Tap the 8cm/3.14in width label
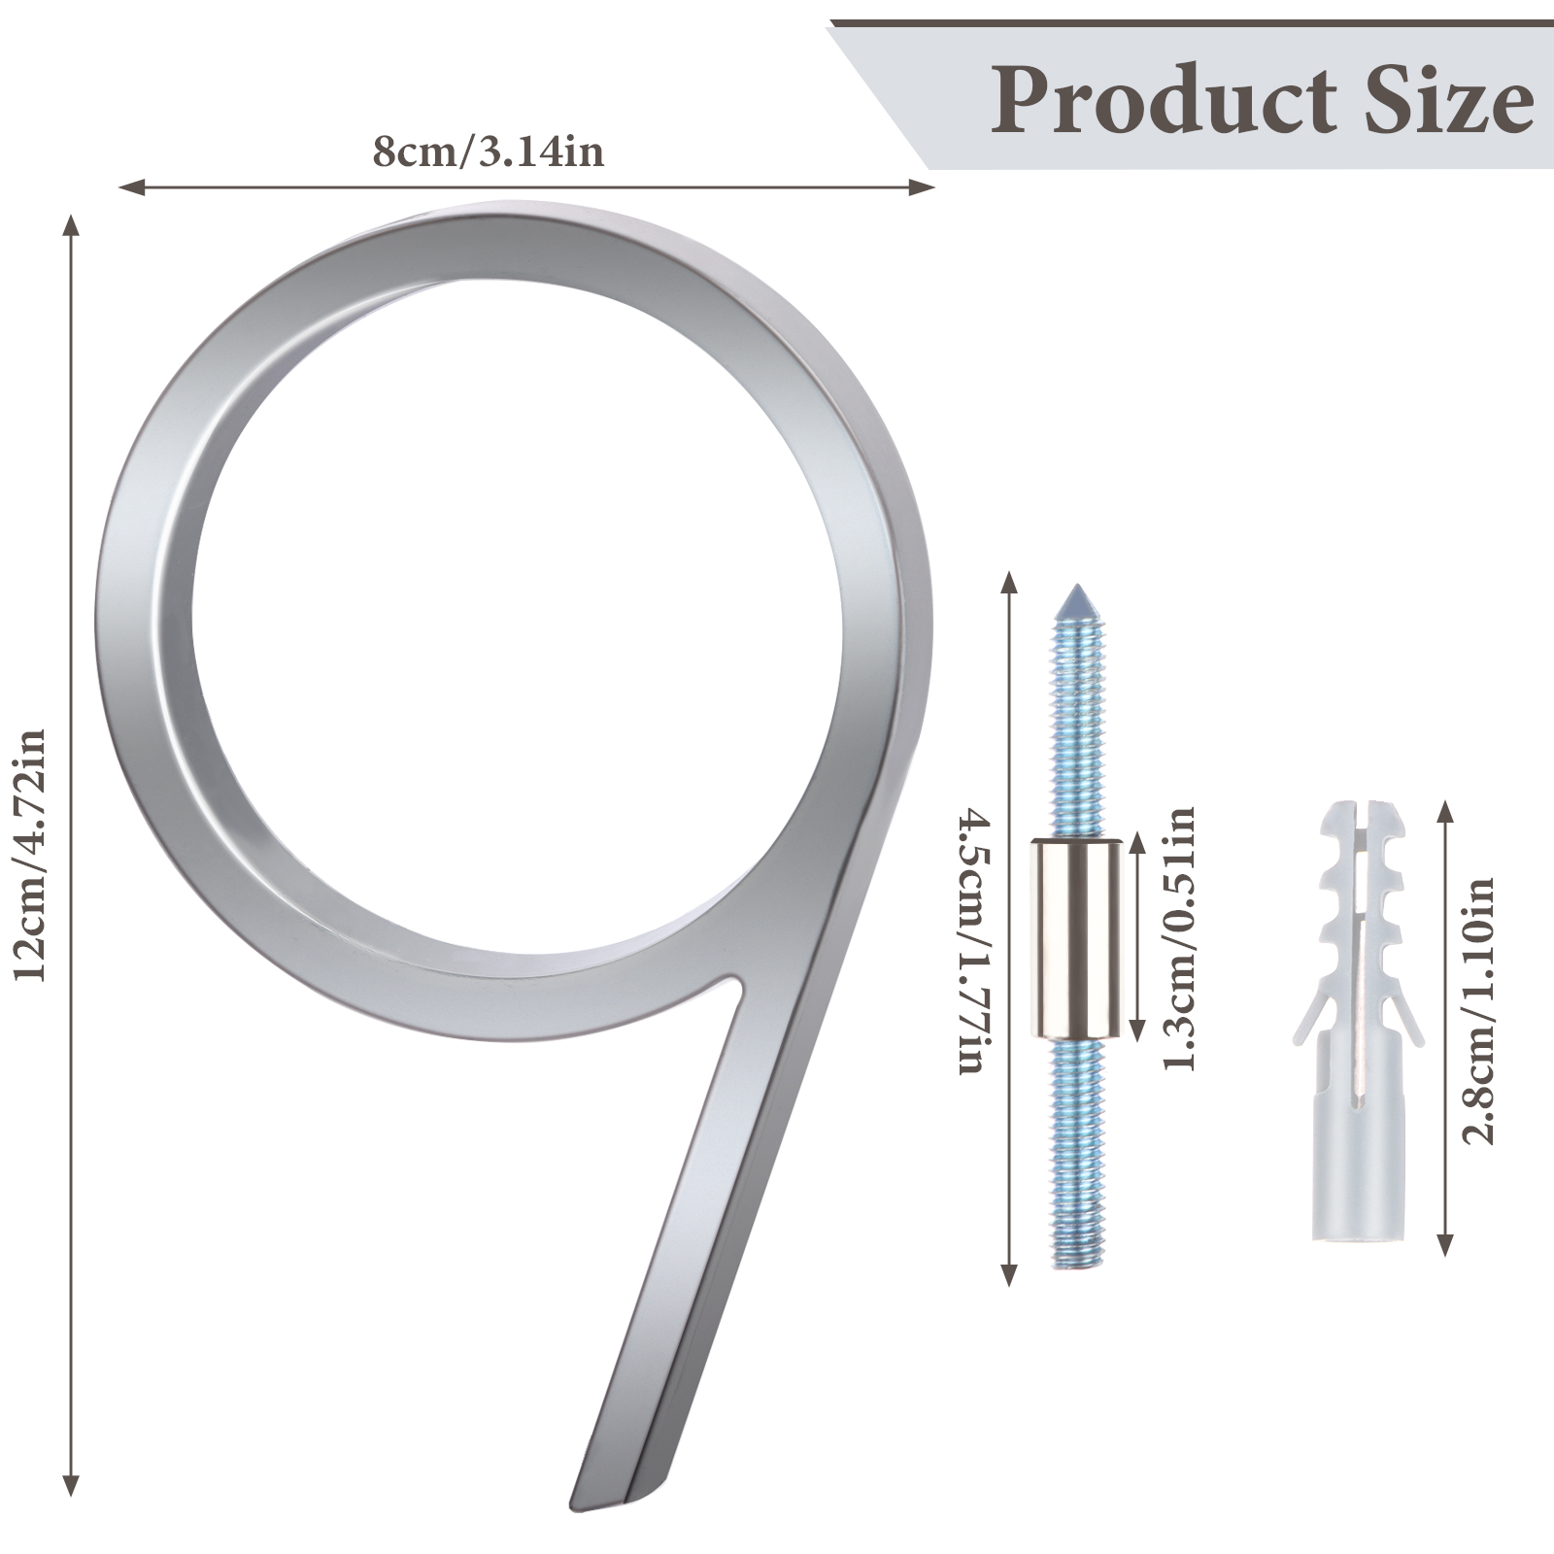coord(489,152)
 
